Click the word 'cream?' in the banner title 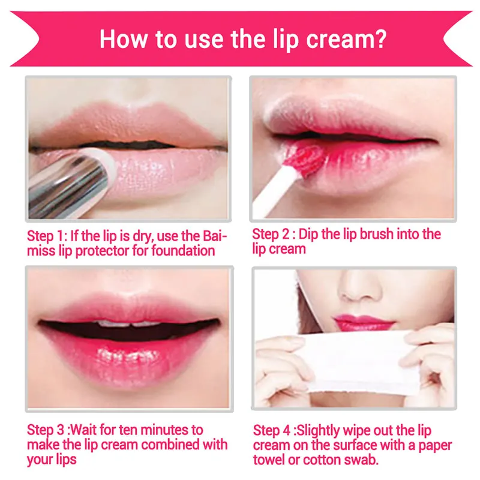tap(346, 40)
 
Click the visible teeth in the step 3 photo tap(129, 323)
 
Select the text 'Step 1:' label tap(47, 236)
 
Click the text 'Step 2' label tap(271, 234)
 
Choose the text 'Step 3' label tap(46, 430)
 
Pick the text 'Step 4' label tap(272, 430)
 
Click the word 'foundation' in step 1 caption tap(183, 250)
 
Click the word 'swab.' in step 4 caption tap(362, 460)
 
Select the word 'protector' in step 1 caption tap(103, 251)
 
